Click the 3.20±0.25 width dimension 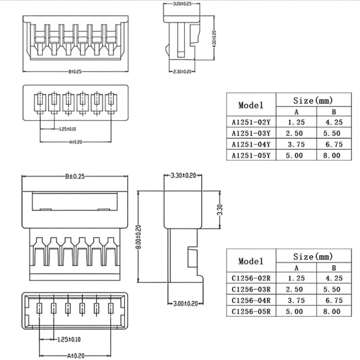(x=182, y=4)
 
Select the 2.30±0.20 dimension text (x=182, y=72)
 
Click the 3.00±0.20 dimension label (x=185, y=304)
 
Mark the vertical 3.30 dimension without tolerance (x=219, y=210)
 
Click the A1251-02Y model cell (x=251, y=121)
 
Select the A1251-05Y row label (x=251, y=156)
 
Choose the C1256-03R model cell (x=251, y=289)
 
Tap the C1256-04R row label (x=251, y=300)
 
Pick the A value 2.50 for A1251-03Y (x=296, y=133)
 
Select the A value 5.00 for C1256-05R (x=296, y=311)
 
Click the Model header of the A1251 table (x=251, y=105)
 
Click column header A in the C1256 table (x=296, y=268)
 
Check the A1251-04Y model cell (x=251, y=144)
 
